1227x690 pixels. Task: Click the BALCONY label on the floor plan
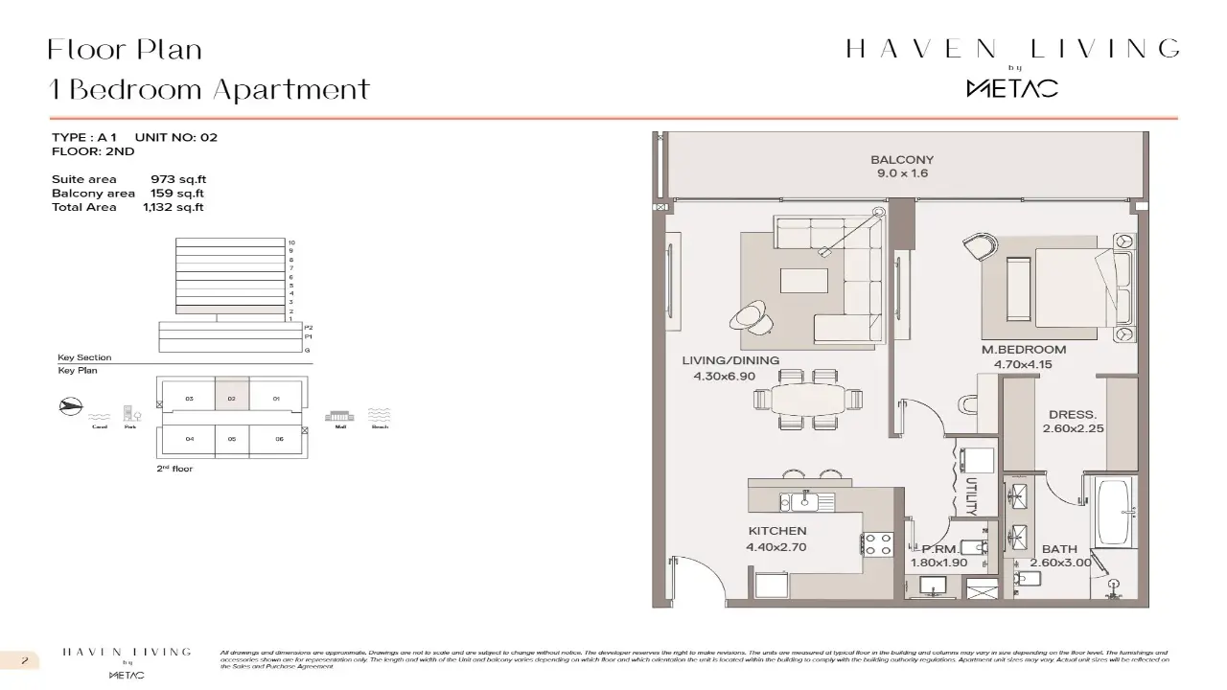tap(901, 160)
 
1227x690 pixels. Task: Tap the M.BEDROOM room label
tap(1023, 350)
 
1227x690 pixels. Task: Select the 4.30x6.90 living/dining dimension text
tap(725, 377)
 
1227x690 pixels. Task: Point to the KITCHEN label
tap(777, 531)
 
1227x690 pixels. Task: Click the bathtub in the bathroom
tap(1114, 510)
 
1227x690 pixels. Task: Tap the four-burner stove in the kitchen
tap(877, 544)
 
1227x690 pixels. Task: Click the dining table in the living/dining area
tap(812, 398)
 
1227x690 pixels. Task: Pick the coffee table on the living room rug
tap(804, 280)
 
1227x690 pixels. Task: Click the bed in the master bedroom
tap(1069, 284)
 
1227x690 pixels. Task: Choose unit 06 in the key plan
tap(278, 439)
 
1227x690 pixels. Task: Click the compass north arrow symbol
tap(69, 406)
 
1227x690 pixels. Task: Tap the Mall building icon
tap(339, 415)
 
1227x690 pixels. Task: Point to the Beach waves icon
tap(380, 415)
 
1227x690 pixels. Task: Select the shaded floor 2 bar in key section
tap(231, 310)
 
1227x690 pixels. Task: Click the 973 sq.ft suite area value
tap(178, 179)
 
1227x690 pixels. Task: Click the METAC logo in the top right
tap(1011, 88)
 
